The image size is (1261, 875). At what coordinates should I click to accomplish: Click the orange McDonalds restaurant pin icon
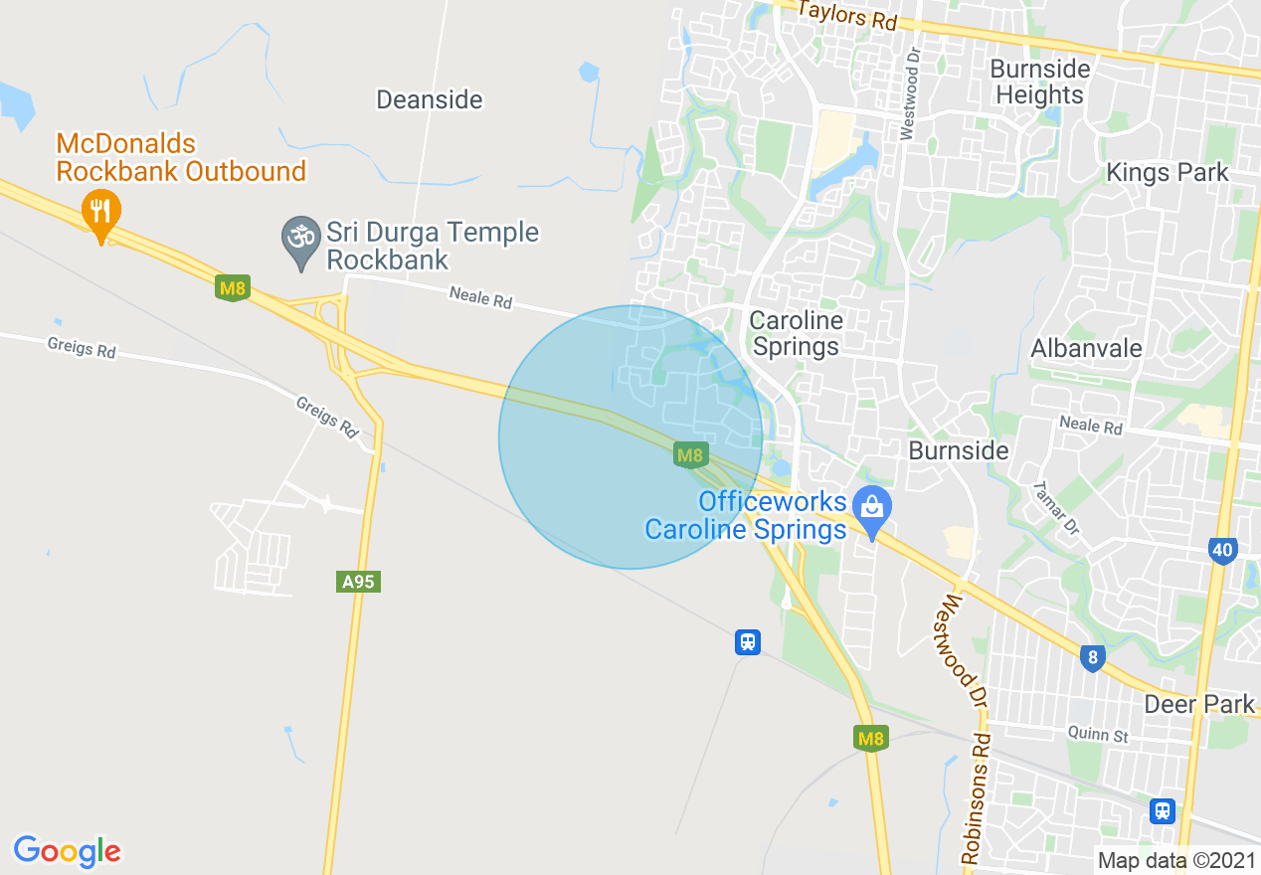coord(100,212)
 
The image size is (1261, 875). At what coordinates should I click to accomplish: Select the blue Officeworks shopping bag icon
coord(872,508)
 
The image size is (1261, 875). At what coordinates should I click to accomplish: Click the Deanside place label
coord(429,99)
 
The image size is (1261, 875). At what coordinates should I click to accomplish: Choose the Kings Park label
coord(1168,173)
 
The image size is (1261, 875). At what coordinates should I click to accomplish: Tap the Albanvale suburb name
coord(1086,349)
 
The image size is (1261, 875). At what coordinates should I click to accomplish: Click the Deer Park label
coord(1199,704)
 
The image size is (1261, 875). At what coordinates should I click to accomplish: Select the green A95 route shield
coord(358,582)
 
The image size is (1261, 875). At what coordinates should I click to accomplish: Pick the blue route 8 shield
coord(1092,657)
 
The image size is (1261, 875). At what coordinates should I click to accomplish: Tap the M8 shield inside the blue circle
coord(690,455)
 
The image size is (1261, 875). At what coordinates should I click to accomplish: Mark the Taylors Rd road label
coord(847,15)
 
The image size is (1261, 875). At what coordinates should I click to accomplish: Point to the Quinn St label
coord(1097,736)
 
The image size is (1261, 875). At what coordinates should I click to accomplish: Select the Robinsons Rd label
coord(977,797)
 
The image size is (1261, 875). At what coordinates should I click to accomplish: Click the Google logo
coord(67,852)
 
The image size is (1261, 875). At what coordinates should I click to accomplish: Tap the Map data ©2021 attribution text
coord(1175,860)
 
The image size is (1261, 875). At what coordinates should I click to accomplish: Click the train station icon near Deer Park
coord(1162,810)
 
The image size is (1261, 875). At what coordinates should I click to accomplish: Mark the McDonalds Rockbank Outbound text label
coord(180,158)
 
